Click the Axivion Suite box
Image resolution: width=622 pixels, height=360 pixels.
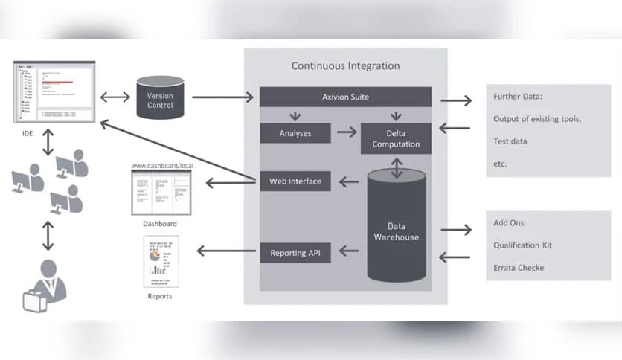click(345, 97)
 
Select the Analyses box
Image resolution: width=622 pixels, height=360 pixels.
click(295, 134)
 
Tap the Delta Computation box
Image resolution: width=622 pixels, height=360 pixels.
click(396, 138)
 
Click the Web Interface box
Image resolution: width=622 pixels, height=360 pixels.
click(295, 181)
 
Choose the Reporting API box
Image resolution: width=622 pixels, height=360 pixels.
click(295, 253)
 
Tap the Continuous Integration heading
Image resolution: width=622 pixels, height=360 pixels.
click(345, 65)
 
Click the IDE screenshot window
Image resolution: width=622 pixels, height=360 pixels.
click(54, 94)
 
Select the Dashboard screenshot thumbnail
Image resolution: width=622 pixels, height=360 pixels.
click(161, 193)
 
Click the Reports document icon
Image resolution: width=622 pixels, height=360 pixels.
click(161, 262)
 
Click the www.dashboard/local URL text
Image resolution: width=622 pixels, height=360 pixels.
click(161, 165)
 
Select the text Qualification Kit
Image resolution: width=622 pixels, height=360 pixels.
click(522, 245)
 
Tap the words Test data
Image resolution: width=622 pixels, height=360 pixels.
click(510, 141)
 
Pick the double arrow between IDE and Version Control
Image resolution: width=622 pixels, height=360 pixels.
click(115, 97)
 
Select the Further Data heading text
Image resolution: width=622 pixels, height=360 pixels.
click(519, 97)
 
